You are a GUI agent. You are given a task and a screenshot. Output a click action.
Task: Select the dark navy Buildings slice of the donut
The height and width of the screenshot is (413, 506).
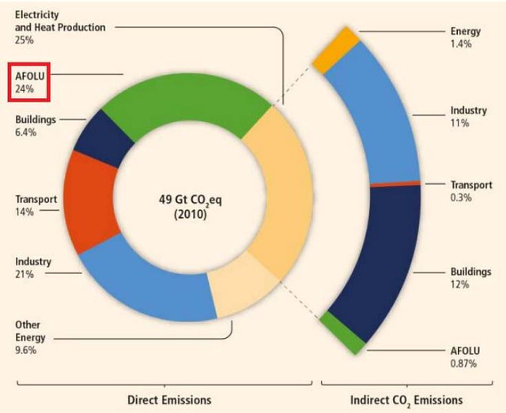click(104, 139)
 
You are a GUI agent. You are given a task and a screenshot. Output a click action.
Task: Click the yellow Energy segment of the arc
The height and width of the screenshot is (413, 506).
click(335, 50)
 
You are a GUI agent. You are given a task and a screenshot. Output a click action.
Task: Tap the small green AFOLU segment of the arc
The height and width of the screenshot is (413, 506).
click(342, 332)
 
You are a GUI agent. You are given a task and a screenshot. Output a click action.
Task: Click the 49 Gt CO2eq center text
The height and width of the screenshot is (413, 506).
click(190, 201)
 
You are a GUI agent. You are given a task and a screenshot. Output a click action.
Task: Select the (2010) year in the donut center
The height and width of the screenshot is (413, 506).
click(190, 214)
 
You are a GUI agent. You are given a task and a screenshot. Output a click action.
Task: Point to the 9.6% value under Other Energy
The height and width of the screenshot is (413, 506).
click(26, 350)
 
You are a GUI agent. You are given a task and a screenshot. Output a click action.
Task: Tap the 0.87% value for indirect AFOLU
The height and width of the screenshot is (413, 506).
click(463, 364)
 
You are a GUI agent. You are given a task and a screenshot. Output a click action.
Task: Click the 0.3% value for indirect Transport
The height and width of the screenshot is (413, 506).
click(461, 197)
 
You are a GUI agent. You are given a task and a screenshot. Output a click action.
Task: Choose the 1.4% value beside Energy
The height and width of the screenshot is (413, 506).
click(461, 43)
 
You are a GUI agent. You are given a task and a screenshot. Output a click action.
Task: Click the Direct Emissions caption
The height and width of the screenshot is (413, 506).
click(169, 400)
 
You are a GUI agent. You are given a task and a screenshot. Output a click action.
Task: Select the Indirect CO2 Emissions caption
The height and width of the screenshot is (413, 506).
click(406, 400)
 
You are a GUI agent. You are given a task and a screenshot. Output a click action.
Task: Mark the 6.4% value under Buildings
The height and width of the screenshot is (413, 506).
click(26, 132)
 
